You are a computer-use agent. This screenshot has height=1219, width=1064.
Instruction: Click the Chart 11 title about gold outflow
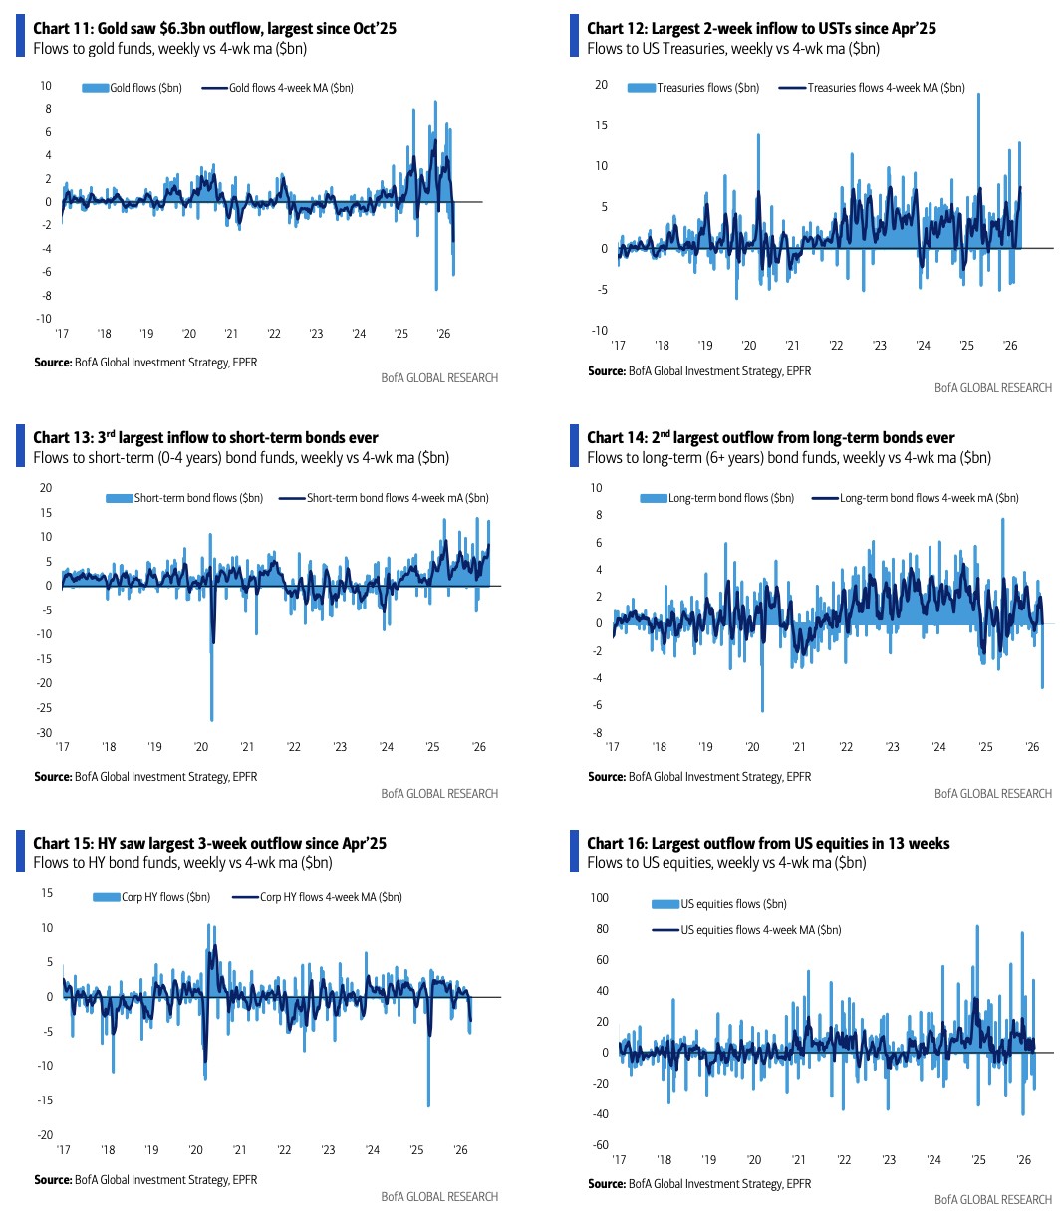coord(214,28)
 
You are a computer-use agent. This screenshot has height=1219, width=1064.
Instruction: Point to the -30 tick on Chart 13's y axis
coord(45,733)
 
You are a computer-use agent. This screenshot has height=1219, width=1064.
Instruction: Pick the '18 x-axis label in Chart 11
coord(104,334)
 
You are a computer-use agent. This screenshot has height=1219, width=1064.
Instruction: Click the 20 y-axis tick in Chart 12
coord(601,85)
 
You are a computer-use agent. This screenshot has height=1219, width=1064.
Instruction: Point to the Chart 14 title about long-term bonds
coord(770,438)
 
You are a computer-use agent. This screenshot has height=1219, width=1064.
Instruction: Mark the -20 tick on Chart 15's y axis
coord(46,1135)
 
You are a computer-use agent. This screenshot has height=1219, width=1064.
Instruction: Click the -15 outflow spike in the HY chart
coord(428,1103)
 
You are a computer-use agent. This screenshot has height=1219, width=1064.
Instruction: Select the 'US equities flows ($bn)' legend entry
coord(733,904)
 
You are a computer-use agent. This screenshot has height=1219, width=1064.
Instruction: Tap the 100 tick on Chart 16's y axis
coord(599,898)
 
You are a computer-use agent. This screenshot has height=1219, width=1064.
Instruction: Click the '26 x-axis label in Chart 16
coord(1023,1160)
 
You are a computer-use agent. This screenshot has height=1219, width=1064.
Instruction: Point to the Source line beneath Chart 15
coord(145,1180)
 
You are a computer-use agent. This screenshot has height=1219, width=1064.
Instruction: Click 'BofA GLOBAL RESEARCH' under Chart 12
coord(992,388)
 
